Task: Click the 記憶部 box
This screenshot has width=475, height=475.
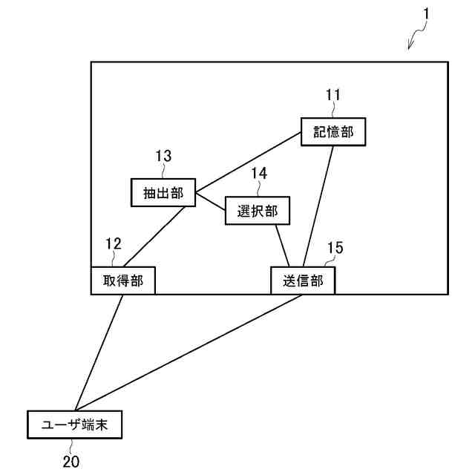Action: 333,131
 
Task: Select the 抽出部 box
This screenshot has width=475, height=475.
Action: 163,192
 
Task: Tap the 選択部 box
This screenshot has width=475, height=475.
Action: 257,211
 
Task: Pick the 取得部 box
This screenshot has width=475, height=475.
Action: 123,281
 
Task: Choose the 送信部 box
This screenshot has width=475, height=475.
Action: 302,281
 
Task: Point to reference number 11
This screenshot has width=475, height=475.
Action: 333,94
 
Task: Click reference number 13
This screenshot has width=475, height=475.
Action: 163,156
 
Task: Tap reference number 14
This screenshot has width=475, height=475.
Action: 258,173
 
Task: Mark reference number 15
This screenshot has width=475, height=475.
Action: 335,248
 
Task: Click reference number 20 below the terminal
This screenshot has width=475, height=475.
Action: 71,461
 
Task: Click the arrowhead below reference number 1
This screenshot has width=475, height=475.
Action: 410,47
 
